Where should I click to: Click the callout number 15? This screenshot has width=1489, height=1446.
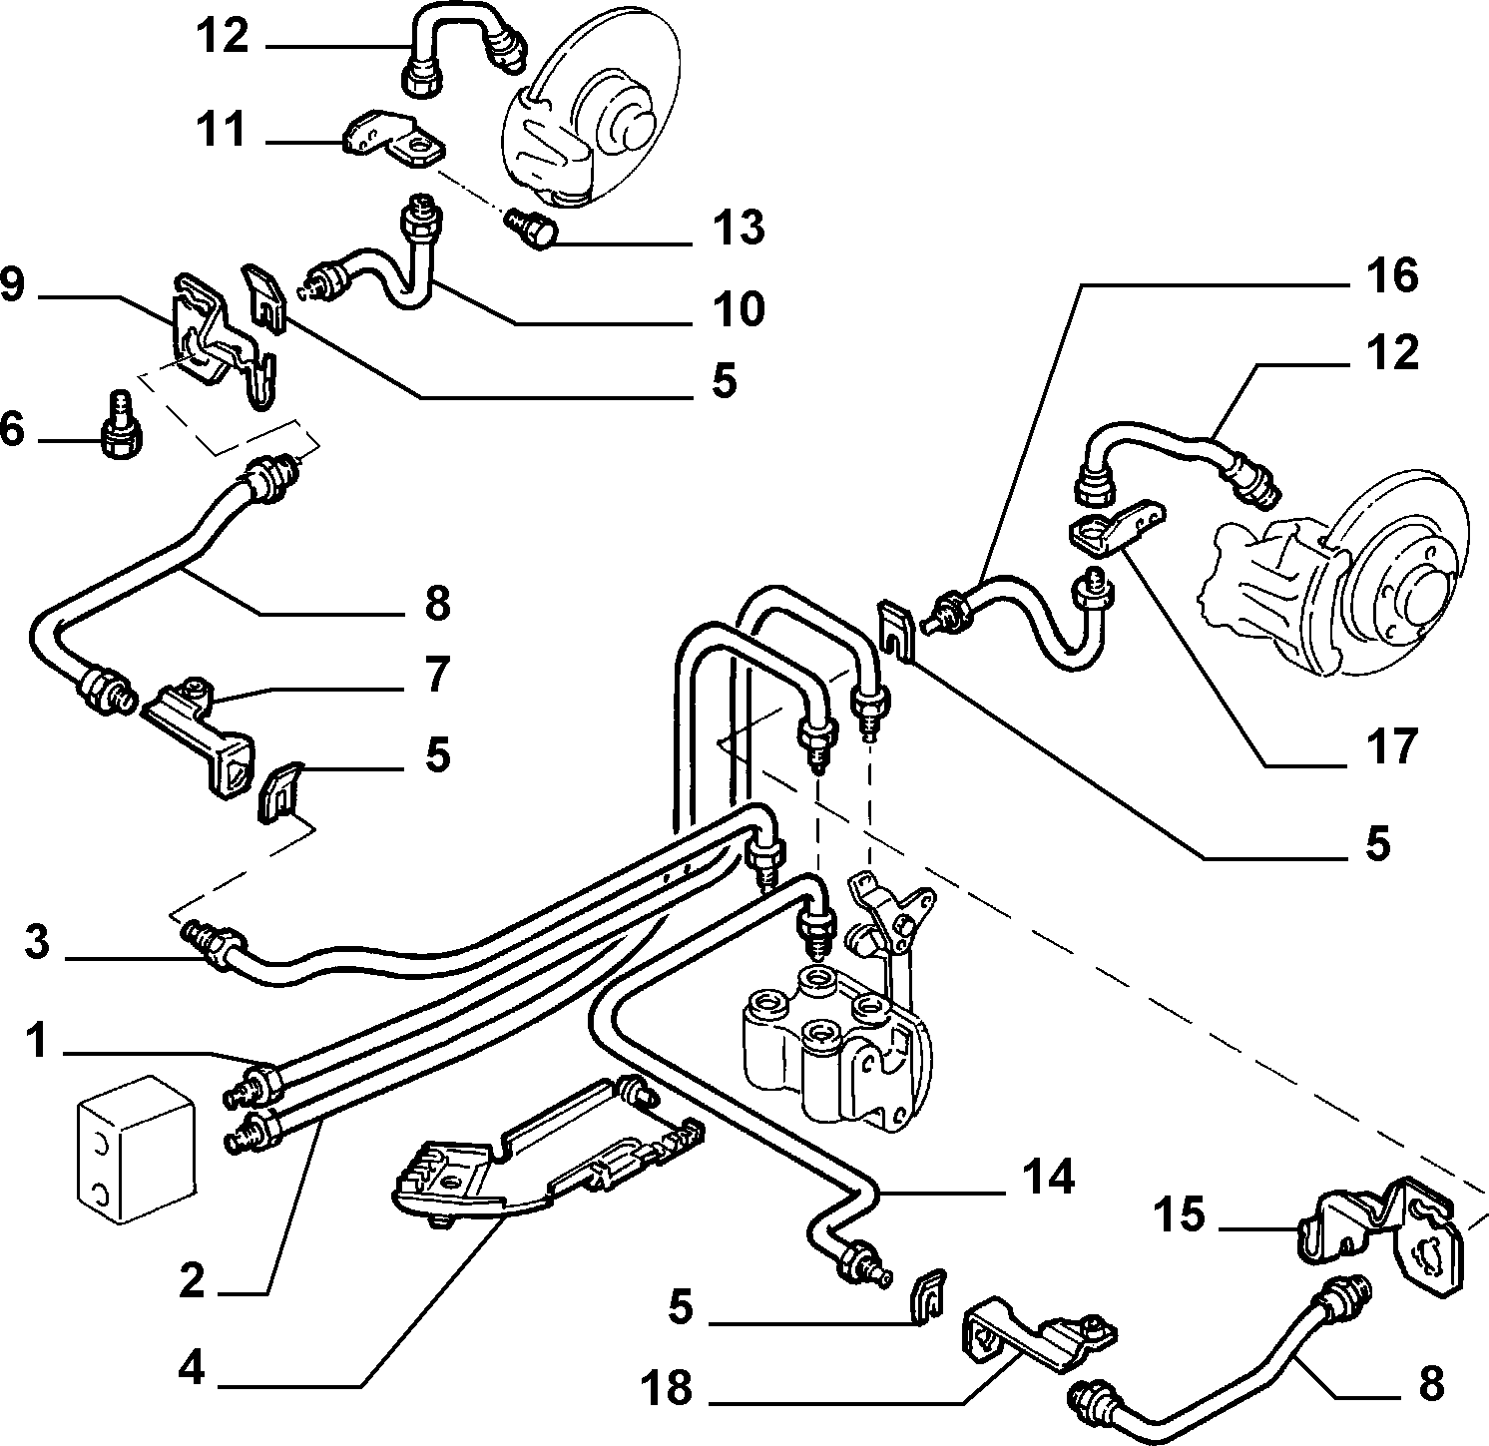(1182, 1214)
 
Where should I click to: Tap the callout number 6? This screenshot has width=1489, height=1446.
(13, 430)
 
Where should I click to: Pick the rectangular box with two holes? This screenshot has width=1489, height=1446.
(136, 1149)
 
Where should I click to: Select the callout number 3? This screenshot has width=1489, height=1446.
(37, 941)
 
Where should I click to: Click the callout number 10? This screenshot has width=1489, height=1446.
(740, 308)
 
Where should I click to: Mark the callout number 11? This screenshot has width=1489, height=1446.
(220, 130)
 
